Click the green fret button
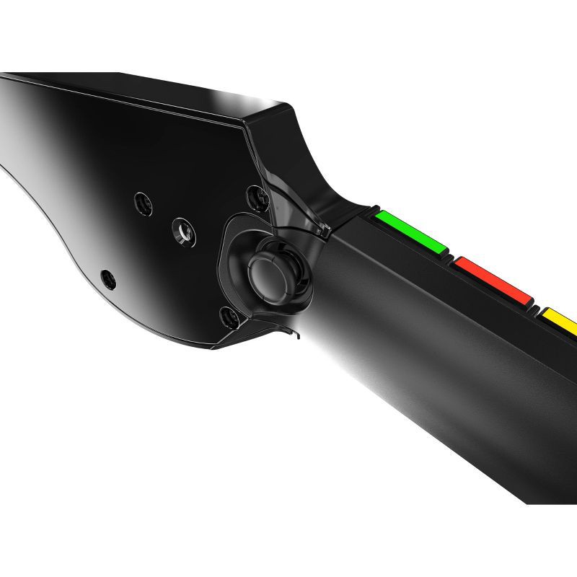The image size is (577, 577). tap(410, 232)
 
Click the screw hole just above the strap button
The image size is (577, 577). tap(254, 193)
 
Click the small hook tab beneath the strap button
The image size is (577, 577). tap(292, 333)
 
